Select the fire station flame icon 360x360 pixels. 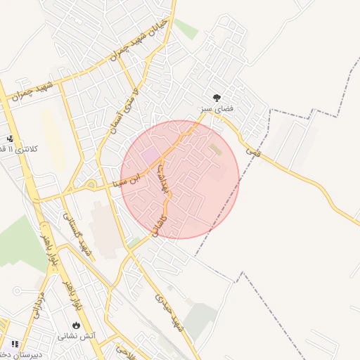pyautogui.click(x=76, y=326)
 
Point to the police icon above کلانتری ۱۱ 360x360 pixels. pyautogui.click(x=10, y=139)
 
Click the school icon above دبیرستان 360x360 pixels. pyautogui.click(x=15, y=344)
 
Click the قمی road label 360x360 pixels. pyautogui.click(x=252, y=150)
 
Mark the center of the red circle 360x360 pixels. pyautogui.click(x=179, y=179)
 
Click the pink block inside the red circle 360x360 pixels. pyautogui.click(x=150, y=155)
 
